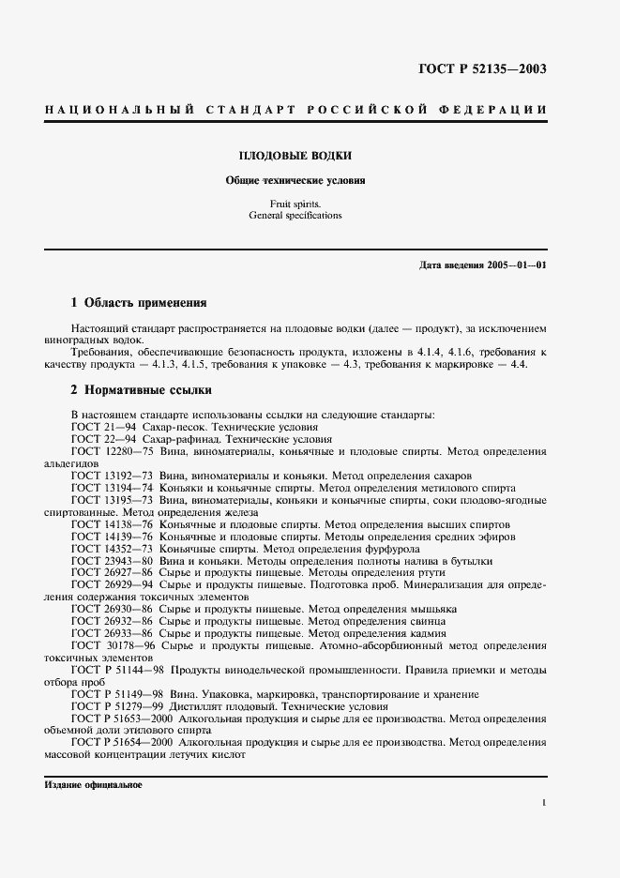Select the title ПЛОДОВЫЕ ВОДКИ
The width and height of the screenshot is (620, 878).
(295, 155)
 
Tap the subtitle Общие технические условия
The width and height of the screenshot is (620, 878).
(295, 180)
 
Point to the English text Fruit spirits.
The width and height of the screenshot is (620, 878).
(295, 203)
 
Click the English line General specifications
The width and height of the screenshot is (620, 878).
(295, 215)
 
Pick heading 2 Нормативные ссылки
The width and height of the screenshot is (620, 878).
(141, 388)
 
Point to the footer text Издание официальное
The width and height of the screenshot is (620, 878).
(93, 784)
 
